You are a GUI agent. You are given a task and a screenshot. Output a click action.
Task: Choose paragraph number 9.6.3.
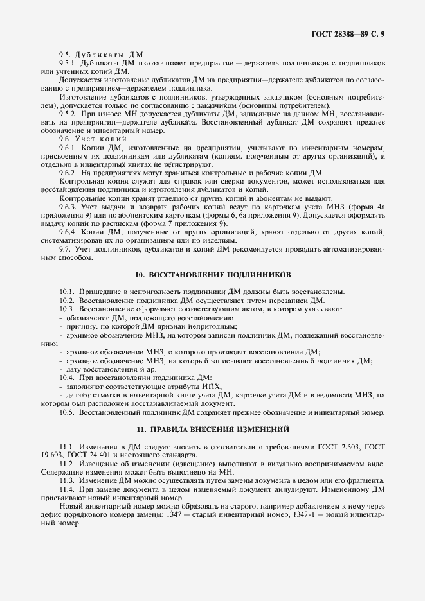pyautogui.click(x=68, y=206)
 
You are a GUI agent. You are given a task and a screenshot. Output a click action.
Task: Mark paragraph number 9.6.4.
pyautogui.click(x=68, y=231)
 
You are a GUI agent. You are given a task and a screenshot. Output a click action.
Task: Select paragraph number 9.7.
pyautogui.click(x=65, y=248)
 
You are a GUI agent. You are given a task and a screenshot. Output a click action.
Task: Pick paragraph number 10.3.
pyautogui.click(x=68, y=309)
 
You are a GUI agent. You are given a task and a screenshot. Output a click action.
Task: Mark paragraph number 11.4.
pyautogui.click(x=68, y=489)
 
